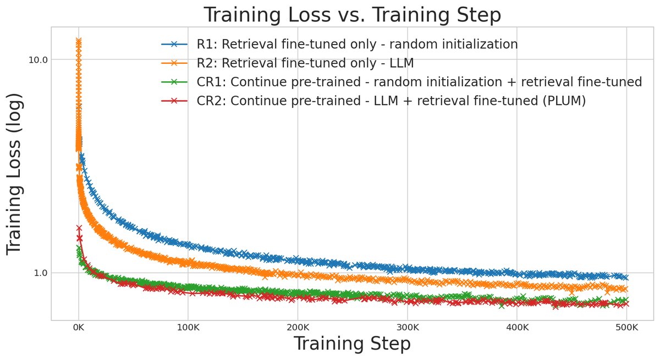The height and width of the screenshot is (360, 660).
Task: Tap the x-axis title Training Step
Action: (352, 344)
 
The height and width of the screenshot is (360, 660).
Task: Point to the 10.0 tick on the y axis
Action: (38, 59)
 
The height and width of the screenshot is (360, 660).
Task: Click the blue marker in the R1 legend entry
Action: (174, 45)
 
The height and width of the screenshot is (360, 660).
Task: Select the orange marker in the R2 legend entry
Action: (174, 63)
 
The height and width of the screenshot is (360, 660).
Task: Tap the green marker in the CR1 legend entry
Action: (174, 82)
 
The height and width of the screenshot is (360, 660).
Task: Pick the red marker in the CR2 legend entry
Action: (174, 101)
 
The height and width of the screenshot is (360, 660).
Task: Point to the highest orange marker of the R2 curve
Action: (79, 41)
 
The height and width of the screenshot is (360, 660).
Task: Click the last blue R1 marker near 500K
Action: (625, 278)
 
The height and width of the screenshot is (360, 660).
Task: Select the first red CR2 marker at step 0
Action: (79, 228)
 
